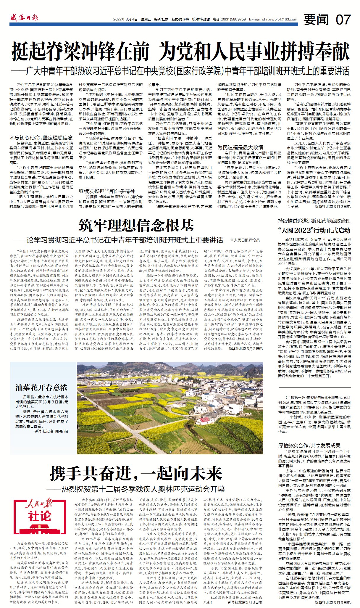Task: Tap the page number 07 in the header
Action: pos(343,19)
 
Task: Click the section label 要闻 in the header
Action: pos(316,20)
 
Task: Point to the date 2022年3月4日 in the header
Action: pos(125,20)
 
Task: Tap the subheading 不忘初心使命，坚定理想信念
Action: pos(41,138)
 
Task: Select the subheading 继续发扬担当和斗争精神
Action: pos(107,191)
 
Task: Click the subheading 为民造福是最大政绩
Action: pos(240,147)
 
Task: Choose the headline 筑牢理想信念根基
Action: pos(136,226)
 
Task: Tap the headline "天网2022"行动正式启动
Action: pos(314,230)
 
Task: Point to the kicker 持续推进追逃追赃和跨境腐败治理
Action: pos(314,221)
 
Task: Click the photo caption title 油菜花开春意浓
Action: pos(42,387)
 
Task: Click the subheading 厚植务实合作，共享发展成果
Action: pos(309,445)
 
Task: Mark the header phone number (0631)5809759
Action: pos(233,20)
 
